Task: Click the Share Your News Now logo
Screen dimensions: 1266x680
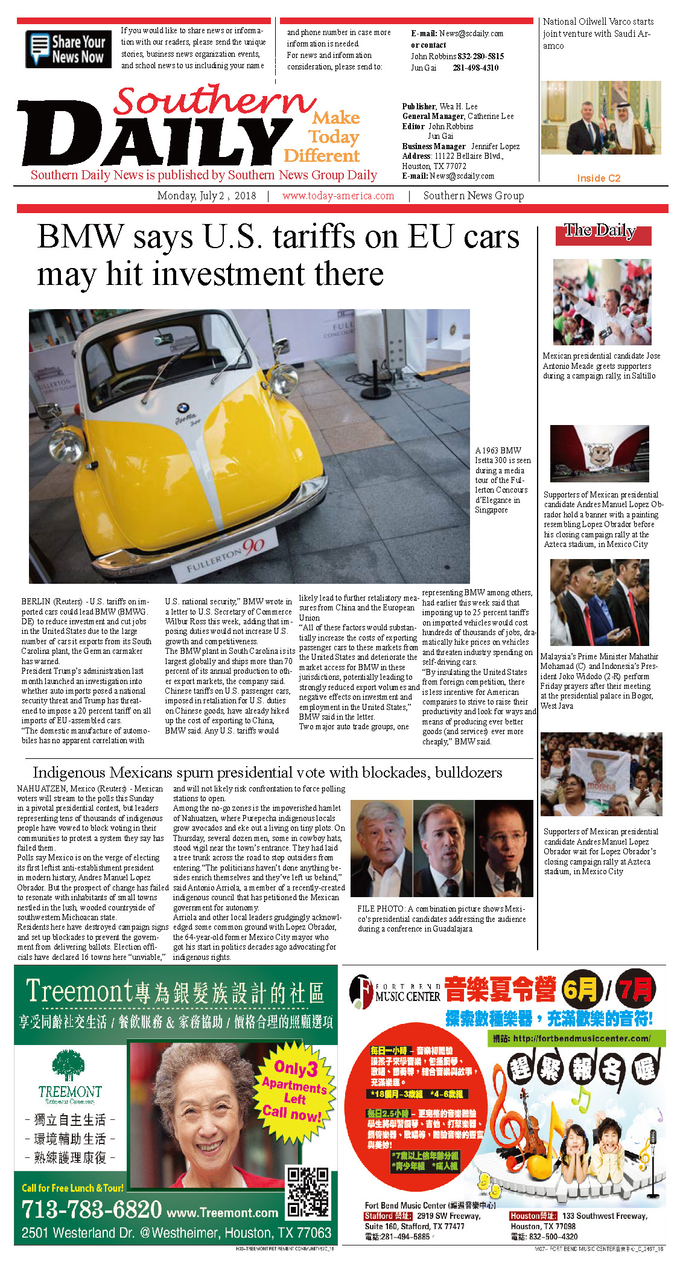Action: pos(68,50)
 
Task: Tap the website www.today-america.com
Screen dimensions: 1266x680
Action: pos(338,196)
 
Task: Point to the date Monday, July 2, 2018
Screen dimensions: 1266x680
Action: pos(206,196)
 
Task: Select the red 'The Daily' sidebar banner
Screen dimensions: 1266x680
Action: pos(603,235)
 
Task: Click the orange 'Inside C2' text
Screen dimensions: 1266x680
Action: pos(598,178)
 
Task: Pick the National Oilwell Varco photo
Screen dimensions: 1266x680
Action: pos(601,118)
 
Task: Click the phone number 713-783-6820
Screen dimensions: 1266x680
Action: pos(92,1209)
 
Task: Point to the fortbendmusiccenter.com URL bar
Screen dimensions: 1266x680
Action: pos(578,1038)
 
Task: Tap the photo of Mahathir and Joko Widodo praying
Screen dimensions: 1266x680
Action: pos(599,602)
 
